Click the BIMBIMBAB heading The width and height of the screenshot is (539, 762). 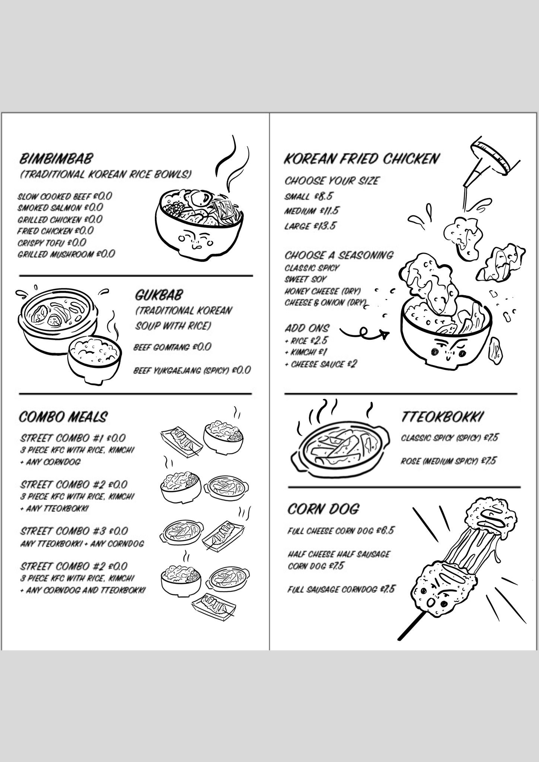[x=55, y=159]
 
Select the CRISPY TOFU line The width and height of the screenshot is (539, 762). [x=52, y=243]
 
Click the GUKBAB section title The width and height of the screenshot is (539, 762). [x=159, y=295]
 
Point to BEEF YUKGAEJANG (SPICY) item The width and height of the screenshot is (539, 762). [x=192, y=370]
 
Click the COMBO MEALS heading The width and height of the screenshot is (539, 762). [x=63, y=417]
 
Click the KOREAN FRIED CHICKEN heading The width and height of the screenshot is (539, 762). [x=361, y=159]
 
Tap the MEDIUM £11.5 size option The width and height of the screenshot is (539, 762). [x=312, y=211]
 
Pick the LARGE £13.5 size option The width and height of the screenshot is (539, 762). [x=310, y=226]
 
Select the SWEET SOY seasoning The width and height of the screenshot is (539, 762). [x=306, y=279]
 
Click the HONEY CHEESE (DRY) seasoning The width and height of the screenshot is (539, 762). [x=323, y=291]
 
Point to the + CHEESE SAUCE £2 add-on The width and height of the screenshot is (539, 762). [x=320, y=364]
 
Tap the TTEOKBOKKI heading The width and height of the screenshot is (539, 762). [x=442, y=417]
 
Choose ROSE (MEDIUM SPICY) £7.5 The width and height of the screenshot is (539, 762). [x=449, y=461]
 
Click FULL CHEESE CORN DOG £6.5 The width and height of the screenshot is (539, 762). [x=341, y=531]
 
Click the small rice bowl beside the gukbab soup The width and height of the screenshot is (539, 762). [x=95, y=358]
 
